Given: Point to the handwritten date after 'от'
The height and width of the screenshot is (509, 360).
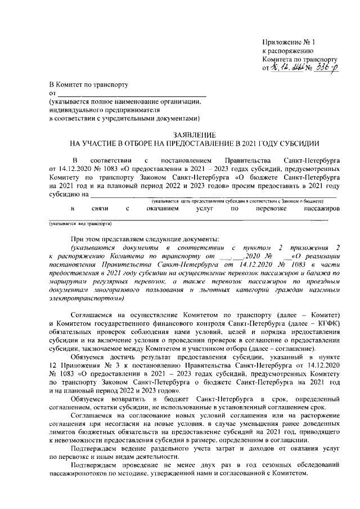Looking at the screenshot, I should pyautogui.click(x=286, y=67).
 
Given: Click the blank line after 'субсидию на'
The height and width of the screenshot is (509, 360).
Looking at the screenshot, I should pyautogui.click(x=214, y=196).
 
